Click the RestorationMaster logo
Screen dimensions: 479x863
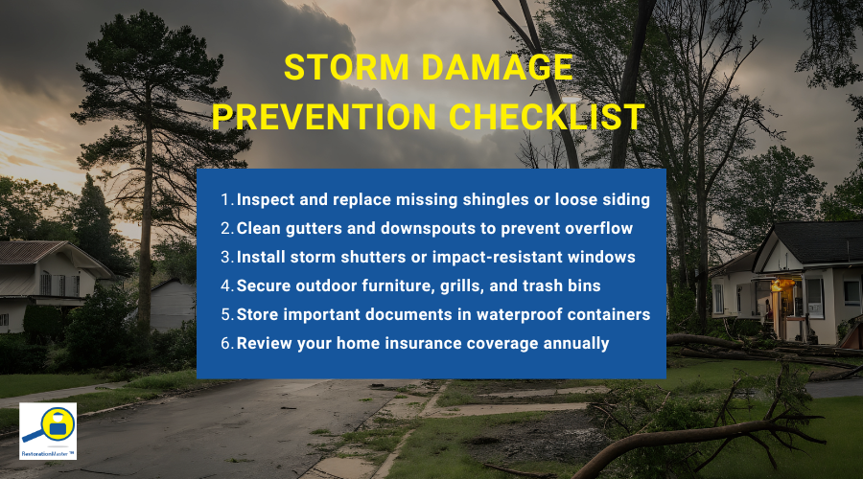point(48,430)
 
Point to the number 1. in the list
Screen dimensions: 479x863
point(227,200)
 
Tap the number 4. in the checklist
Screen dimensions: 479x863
point(227,286)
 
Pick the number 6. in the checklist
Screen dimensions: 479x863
point(227,343)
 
